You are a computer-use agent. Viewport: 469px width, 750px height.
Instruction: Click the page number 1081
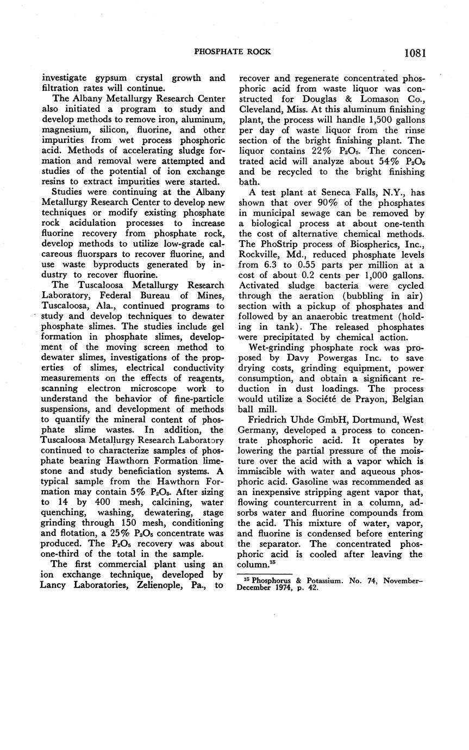415,53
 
